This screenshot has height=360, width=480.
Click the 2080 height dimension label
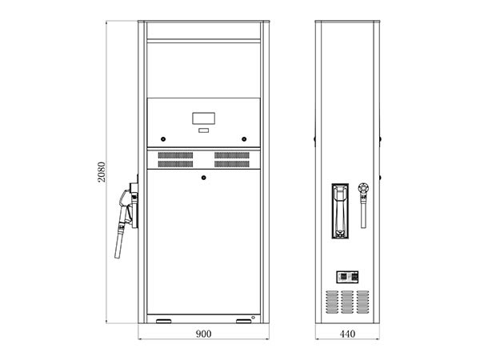(102, 172)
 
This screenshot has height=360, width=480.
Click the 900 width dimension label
(203, 334)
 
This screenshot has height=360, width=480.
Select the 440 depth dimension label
(347, 334)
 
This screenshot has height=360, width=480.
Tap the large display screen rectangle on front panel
(203, 118)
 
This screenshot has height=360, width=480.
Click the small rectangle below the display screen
(203, 130)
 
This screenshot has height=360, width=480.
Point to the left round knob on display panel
(163, 139)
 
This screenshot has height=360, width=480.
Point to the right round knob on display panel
(244, 139)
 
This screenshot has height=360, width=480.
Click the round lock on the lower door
(203, 178)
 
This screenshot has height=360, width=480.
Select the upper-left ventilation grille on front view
(175, 155)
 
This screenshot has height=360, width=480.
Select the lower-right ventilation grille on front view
(232, 164)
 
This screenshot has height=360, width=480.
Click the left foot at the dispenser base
(164, 321)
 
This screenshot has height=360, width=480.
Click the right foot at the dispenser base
(244, 321)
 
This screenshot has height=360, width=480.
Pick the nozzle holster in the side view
(340, 211)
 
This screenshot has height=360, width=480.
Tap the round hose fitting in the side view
(363, 188)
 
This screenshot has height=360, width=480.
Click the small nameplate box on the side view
(347, 277)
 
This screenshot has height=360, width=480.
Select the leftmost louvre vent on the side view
(332, 302)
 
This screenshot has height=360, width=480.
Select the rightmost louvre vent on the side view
(362, 302)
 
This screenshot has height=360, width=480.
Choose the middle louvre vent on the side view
(347, 302)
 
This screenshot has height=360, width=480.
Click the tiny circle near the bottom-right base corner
(253, 318)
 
